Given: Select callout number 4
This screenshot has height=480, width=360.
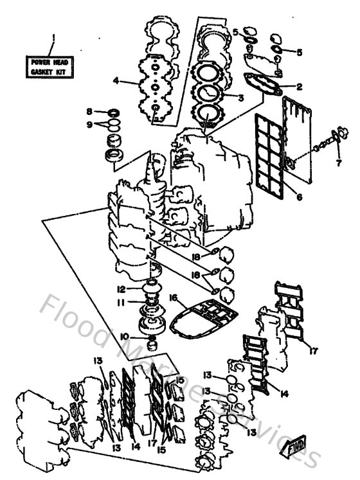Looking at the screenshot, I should (116, 81).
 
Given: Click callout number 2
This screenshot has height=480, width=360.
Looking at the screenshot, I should (299, 86).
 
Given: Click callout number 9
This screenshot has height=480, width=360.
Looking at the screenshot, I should (89, 124).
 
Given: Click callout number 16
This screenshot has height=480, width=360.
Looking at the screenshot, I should (173, 298).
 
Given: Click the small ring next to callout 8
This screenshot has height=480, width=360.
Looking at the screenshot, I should (111, 112).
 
